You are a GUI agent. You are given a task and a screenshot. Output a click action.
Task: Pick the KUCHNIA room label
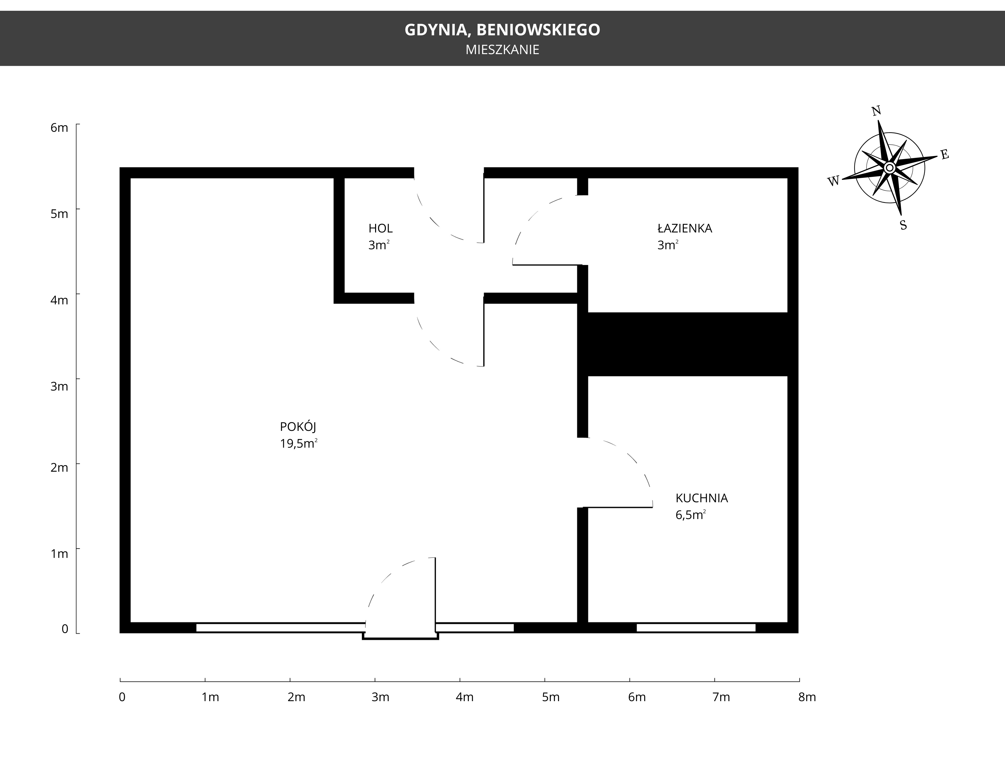702,498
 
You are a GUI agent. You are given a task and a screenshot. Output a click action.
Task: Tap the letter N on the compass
876,111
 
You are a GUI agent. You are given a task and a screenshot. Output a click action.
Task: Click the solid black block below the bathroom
688,344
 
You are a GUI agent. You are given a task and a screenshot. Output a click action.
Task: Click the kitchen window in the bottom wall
696,628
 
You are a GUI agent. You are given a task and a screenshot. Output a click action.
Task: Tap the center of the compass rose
889,168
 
